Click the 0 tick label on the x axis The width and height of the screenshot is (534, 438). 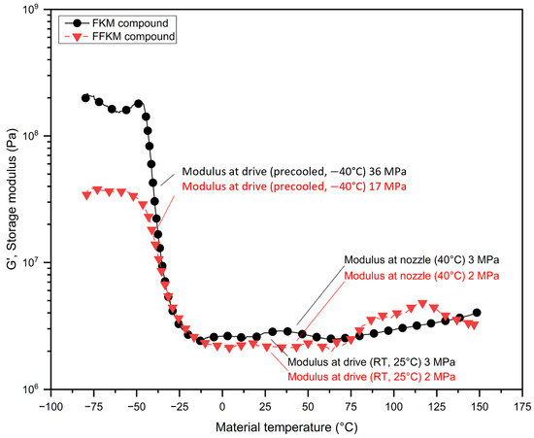point(222,405)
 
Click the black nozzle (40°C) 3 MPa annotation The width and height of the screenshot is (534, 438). point(420,261)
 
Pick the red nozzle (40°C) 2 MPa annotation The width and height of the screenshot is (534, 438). point(420,276)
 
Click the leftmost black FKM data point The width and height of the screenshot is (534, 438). point(85,98)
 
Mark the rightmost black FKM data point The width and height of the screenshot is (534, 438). point(477,313)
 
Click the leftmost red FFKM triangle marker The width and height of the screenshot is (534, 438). point(86,195)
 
